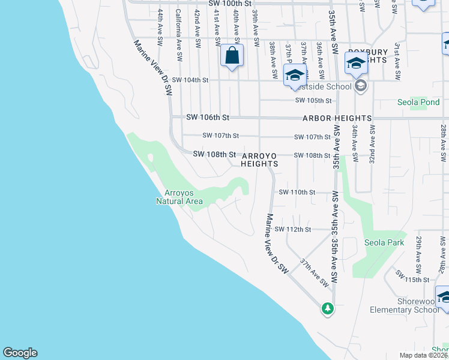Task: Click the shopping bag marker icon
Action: point(232,56)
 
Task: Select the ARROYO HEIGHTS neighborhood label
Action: point(259,159)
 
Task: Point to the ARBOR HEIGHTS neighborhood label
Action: point(337,118)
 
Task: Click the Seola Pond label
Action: point(418,102)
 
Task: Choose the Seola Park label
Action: point(384,242)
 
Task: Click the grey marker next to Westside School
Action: point(360,87)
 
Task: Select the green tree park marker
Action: point(327,308)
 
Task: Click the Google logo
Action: point(20,353)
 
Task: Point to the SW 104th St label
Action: point(190,80)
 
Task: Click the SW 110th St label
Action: point(297,192)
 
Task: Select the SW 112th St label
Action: point(293,229)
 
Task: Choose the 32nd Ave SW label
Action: point(373,143)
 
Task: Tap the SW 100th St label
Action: point(229,4)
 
